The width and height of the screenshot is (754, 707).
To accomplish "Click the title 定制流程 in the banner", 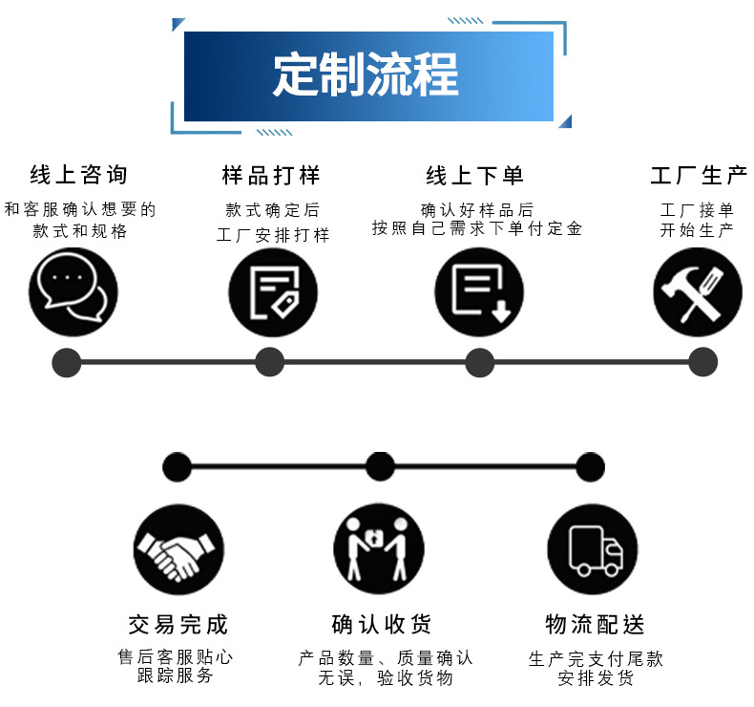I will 367,75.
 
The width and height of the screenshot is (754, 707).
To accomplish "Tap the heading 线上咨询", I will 78,175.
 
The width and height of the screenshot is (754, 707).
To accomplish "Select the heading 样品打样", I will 271,175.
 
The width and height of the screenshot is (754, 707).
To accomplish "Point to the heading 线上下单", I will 475,175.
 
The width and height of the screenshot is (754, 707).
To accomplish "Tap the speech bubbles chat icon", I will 73,291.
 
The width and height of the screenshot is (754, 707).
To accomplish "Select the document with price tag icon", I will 273,291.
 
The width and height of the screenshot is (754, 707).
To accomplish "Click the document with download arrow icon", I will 480,291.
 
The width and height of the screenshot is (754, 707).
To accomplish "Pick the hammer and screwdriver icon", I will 698,291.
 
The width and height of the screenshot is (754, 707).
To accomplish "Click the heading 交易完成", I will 178,625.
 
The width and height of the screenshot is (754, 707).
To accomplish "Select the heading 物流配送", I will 595,625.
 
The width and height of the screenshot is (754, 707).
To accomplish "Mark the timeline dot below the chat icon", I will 66,362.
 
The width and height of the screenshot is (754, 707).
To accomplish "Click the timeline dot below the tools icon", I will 702,362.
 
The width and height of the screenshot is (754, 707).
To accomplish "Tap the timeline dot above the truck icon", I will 591,467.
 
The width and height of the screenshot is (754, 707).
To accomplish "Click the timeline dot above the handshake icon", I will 178,467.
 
